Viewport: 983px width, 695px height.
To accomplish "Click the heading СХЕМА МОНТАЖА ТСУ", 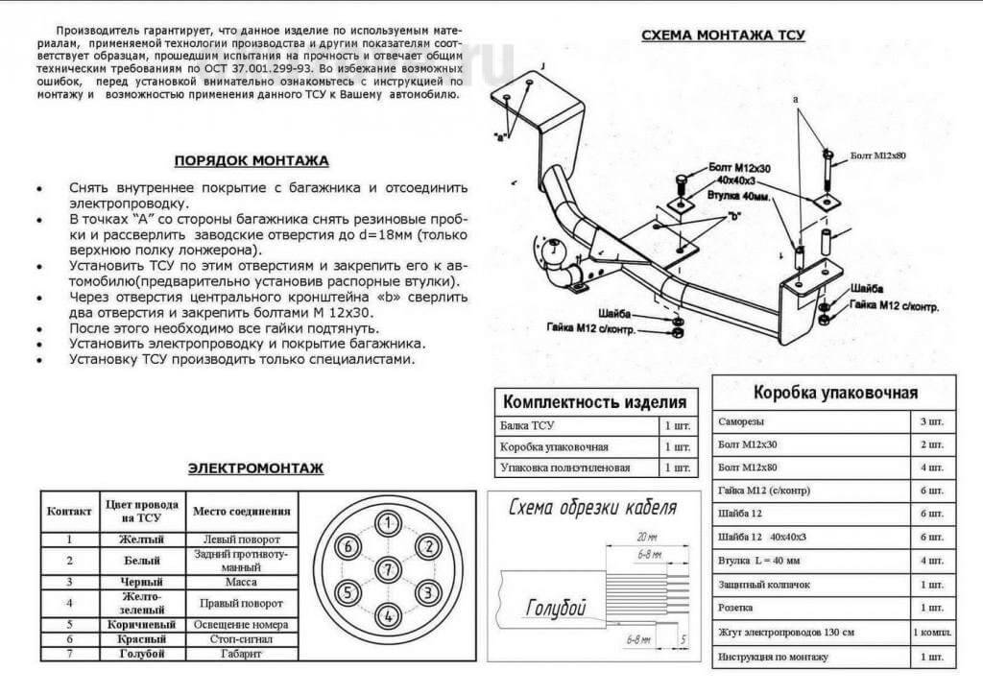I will click(x=723, y=36).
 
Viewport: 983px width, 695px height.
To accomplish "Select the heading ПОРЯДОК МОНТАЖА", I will click(x=252, y=160).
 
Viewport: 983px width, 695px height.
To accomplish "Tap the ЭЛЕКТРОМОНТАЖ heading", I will click(x=255, y=468).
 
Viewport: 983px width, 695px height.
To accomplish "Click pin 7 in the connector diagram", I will click(x=387, y=568).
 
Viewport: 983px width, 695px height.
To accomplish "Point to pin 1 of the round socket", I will click(x=387, y=523).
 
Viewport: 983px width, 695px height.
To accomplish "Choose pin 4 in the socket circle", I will click(x=387, y=614).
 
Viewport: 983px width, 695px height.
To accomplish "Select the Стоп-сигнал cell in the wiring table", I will click(x=240, y=638).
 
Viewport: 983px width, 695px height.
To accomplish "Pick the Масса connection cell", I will click(x=240, y=582).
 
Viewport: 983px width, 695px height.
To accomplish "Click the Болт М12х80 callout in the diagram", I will click(x=877, y=155).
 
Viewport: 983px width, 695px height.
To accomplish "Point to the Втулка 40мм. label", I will click(x=735, y=195).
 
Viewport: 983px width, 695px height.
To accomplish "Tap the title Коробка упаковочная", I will click(x=835, y=392).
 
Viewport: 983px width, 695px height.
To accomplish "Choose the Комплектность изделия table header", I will click(x=594, y=401).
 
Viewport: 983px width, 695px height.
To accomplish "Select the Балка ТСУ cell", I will click(x=528, y=424).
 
